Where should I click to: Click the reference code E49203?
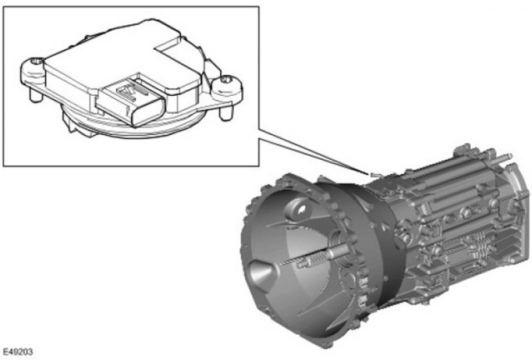pyautogui.click(x=18, y=351)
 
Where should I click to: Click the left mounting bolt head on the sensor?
pyautogui.click(x=37, y=61)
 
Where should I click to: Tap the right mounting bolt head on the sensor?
pyautogui.click(x=226, y=80)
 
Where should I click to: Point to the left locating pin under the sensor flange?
pyautogui.click(x=35, y=95)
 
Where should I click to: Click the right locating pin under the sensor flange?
pyautogui.click(x=225, y=113)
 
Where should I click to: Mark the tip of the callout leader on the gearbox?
pyautogui.click(x=370, y=174)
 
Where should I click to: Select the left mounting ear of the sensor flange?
pyautogui.click(x=33, y=72)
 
